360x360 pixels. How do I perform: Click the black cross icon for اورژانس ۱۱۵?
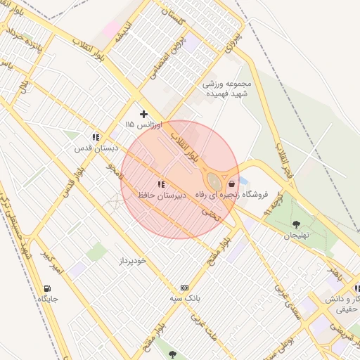(143, 114)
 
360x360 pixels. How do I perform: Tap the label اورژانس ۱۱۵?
(143, 124)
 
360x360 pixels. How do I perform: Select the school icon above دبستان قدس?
(95, 138)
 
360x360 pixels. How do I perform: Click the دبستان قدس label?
(95, 148)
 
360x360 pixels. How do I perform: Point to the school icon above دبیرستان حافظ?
(162, 184)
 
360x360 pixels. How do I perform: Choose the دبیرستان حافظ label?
(162, 195)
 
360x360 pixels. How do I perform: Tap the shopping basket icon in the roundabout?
(232, 184)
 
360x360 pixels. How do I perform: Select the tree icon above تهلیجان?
(296, 225)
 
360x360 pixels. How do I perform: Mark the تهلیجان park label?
(296, 236)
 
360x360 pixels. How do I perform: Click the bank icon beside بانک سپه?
(185, 288)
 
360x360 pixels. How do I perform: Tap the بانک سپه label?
(185, 298)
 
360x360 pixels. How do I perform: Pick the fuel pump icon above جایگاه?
(47, 288)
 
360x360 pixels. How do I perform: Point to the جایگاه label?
(47, 299)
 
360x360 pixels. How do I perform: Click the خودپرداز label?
(131, 260)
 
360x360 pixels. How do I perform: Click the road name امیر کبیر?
(51, 262)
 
